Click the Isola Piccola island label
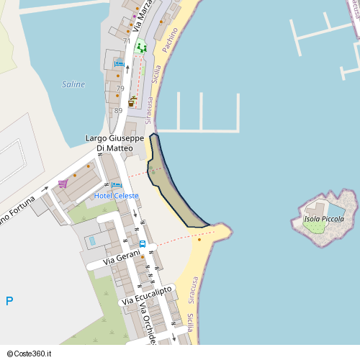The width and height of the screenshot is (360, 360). [x=324, y=219]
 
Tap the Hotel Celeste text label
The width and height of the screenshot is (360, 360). [x=117, y=196]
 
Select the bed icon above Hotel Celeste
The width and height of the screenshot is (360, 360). [x=117, y=186]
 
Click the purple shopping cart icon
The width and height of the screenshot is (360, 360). [x=63, y=184]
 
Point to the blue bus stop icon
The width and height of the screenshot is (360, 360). [x=143, y=243]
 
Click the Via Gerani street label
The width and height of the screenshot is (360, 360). [x=119, y=258]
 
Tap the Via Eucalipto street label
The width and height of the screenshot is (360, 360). [x=147, y=294]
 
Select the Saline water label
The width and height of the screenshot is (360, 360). [x=73, y=84]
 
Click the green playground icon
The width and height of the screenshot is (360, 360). [x=141, y=48]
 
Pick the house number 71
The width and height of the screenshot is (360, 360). [x=126, y=41]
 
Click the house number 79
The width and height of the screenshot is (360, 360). [x=120, y=89]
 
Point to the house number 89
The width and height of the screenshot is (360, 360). [x=118, y=110]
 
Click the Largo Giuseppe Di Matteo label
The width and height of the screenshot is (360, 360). [x=114, y=143]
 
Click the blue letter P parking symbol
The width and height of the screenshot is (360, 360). [x=9, y=302]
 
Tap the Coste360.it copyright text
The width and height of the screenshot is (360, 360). [x=31, y=354]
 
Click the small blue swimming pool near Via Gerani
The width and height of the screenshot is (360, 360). [x=91, y=240]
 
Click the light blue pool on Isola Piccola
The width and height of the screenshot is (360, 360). [x=335, y=210]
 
